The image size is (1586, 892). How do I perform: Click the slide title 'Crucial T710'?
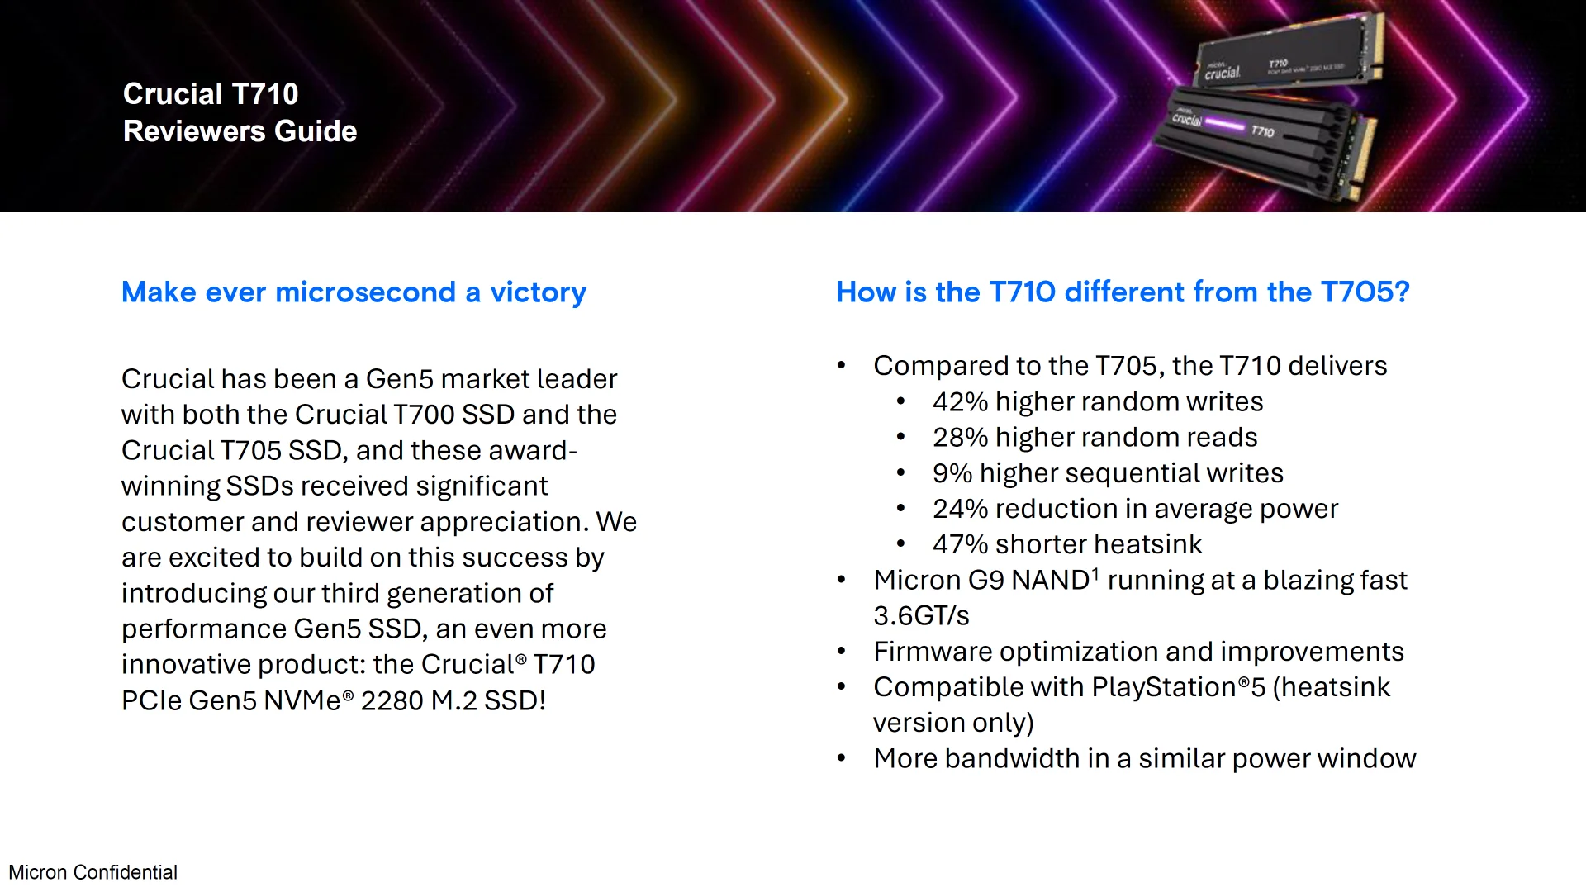(x=211, y=94)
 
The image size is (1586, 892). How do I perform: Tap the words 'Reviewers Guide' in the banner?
(x=240, y=131)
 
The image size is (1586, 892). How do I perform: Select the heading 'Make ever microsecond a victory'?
(x=354, y=292)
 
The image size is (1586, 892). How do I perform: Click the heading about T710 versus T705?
(x=1123, y=292)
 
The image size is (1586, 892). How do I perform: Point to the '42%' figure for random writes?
(x=960, y=401)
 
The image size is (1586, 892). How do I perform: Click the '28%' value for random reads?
(x=960, y=437)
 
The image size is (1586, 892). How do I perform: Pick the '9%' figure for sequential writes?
(x=952, y=473)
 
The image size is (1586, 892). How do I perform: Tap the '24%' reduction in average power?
(x=960, y=509)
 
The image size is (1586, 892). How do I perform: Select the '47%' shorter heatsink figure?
(x=960, y=544)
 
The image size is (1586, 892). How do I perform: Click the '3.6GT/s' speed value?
(x=921, y=616)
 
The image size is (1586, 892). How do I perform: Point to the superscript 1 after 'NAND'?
(x=1095, y=572)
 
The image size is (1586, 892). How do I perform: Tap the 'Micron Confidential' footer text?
(x=93, y=872)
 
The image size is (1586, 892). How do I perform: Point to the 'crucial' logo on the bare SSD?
(x=1222, y=73)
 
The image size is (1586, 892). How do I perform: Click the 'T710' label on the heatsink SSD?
(x=1262, y=131)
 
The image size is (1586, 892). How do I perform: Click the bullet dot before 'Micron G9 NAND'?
(x=841, y=580)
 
